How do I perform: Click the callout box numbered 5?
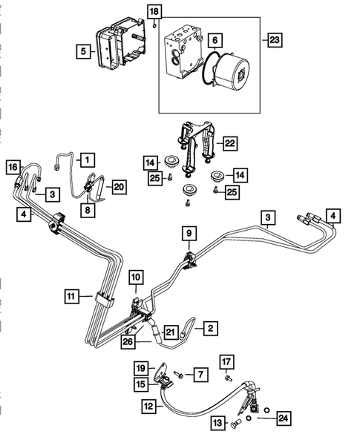pos(83,51)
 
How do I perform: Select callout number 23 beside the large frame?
pos(275,40)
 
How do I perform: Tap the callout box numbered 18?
pos(154,12)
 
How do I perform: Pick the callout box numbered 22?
pos(230,143)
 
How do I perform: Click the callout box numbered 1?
pos(88,160)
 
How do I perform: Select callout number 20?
pos(119,187)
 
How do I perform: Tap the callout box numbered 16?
pos(13,167)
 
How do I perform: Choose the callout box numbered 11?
pos(71,296)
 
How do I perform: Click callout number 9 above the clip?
pos(189,233)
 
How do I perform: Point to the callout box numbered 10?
pos(136,277)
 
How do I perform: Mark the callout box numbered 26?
pos(128,342)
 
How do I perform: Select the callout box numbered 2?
pos(211,329)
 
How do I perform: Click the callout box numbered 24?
pos(284,418)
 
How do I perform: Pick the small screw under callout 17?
pos(229,378)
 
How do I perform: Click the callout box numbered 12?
pos(149,407)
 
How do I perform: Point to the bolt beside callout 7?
pos(178,375)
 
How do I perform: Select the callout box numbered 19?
pos(141,369)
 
